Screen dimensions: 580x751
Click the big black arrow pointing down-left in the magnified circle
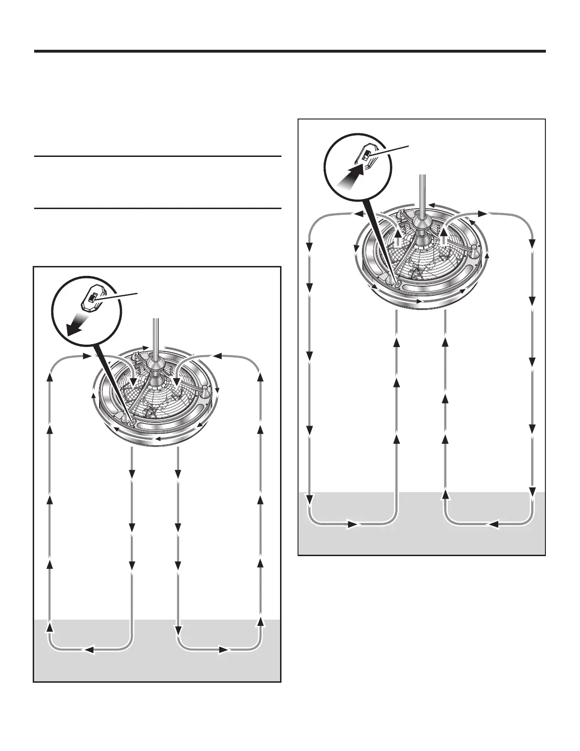[76, 326]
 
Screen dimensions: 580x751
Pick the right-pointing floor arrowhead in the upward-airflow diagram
[353, 524]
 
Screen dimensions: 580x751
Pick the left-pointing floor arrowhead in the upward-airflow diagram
[492, 524]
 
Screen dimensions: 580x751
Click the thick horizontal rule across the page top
[290, 51]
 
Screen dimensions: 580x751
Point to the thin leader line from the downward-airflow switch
[118, 296]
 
